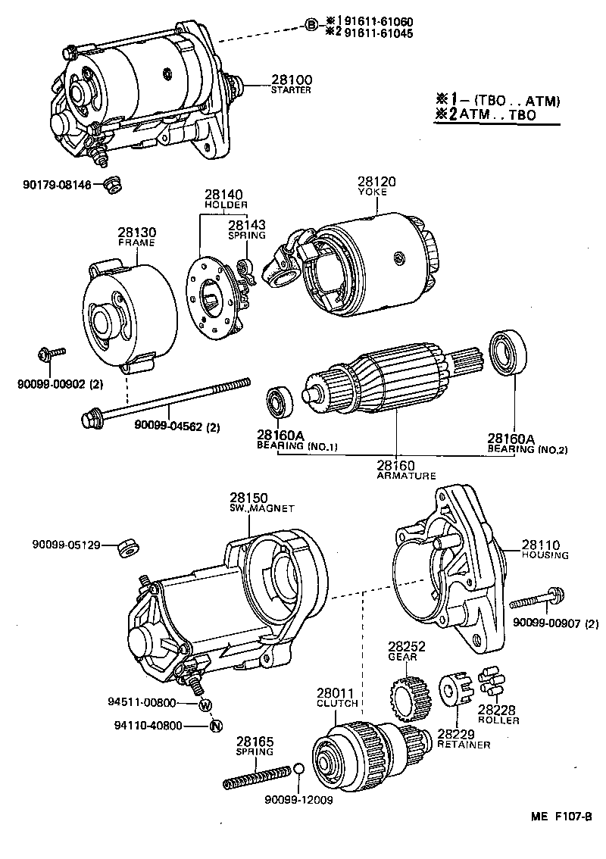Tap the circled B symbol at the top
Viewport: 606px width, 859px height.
tap(311, 26)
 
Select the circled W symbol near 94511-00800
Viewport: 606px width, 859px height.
tap(205, 705)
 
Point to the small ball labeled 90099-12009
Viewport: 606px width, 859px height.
tap(299, 771)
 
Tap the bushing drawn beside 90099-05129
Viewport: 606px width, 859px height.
tap(129, 545)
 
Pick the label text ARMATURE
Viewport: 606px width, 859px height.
tap(406, 476)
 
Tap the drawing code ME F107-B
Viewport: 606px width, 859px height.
tap(560, 816)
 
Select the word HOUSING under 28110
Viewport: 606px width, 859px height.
tap(545, 555)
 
